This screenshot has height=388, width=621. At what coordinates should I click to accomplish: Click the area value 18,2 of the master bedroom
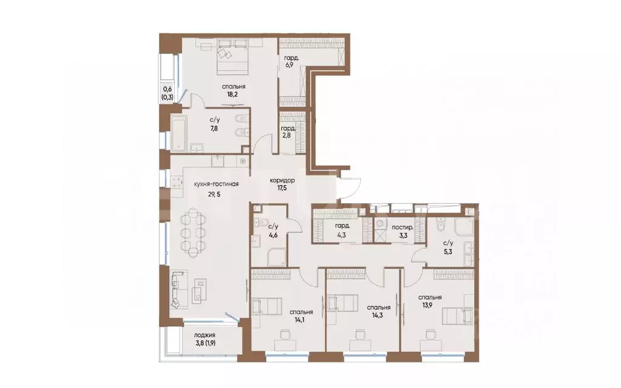[x=233, y=95]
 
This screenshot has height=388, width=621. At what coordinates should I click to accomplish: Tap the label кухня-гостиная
[x=217, y=184]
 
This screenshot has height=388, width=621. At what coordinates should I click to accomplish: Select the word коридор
[x=282, y=181]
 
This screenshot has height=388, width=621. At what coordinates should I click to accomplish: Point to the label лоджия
[x=205, y=335]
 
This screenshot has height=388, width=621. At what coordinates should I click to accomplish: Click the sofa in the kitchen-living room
[x=177, y=290]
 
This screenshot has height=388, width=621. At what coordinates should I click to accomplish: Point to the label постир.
[x=403, y=228]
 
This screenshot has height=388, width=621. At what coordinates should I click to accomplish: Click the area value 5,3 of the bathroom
[x=448, y=250]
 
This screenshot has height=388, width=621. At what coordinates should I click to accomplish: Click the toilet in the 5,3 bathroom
[x=440, y=224]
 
